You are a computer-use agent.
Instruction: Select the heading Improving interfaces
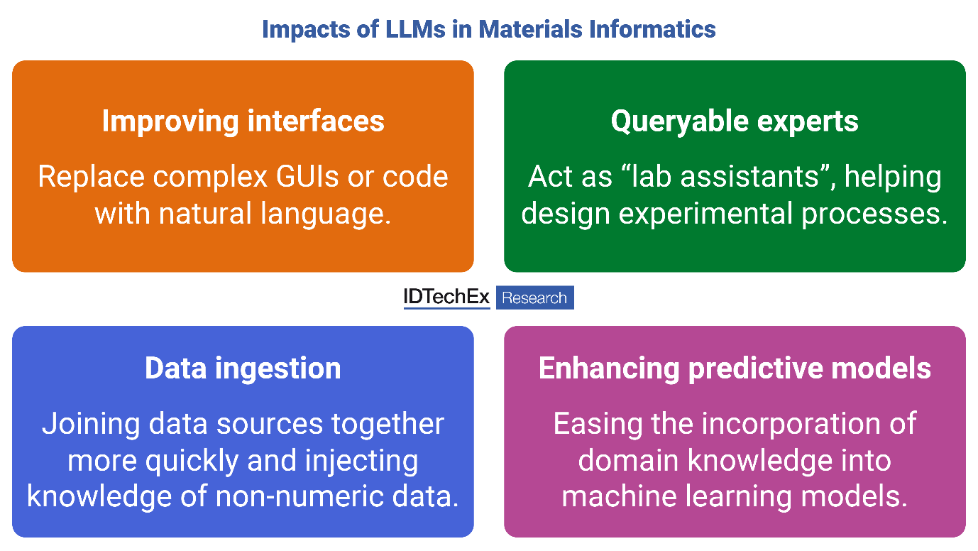tap(243, 121)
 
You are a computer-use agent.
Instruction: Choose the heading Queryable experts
tap(735, 121)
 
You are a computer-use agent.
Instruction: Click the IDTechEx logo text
tap(446, 298)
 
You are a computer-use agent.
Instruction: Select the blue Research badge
tap(534, 298)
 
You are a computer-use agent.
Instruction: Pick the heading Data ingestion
tap(243, 369)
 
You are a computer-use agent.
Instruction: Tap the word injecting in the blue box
tap(361, 461)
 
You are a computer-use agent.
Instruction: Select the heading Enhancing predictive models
tap(735, 369)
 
